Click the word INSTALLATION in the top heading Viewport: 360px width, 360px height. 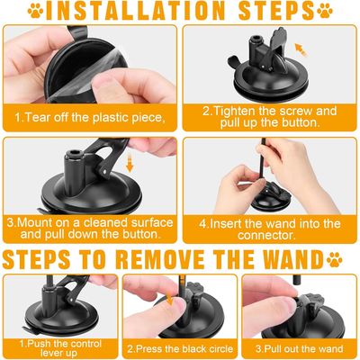tap(135, 11)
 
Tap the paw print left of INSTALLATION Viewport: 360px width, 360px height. tap(35, 10)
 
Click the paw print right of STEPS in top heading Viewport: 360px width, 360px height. tap(325, 10)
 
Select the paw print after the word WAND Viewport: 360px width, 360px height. tap(335, 260)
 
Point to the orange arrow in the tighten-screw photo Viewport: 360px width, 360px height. tap(301, 49)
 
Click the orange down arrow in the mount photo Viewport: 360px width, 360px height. tap(130, 163)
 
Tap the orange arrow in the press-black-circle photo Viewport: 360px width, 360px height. tap(169, 299)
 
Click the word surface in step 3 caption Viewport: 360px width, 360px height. tap(152, 223)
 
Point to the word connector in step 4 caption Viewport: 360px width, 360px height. tap(266, 235)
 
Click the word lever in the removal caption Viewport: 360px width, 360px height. tap(51, 353)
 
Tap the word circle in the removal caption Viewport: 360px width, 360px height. tap(220, 349)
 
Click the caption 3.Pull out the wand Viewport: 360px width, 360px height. tap(299, 349)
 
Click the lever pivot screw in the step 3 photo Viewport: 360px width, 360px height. tap(104, 172)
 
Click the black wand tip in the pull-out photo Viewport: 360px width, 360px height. tap(296, 280)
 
